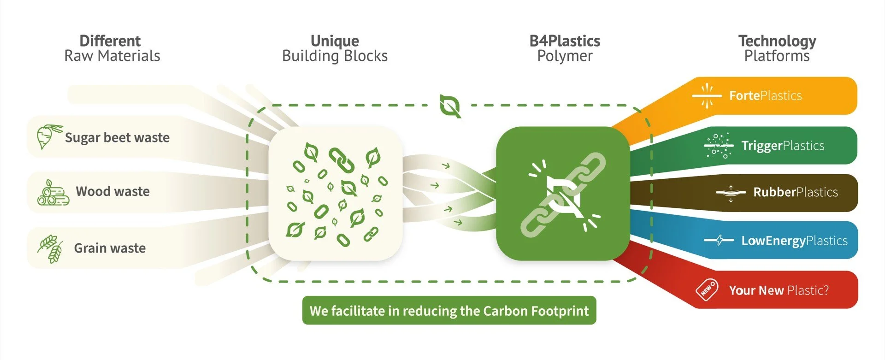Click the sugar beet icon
pyautogui.click(x=47, y=136)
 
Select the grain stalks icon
pyautogui.click(x=51, y=248)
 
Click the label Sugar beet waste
pyautogui.click(x=117, y=137)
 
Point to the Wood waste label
pyautogui.click(x=112, y=191)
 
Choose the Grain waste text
pyautogui.click(x=110, y=248)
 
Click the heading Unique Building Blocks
pyautogui.click(x=335, y=48)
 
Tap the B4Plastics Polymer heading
pyautogui.click(x=565, y=48)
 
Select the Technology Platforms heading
pyautogui.click(x=777, y=48)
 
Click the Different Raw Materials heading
pyautogui.click(x=112, y=48)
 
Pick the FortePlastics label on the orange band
pyautogui.click(x=765, y=95)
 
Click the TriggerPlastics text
pyautogui.click(x=783, y=146)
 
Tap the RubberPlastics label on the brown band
pyautogui.click(x=796, y=192)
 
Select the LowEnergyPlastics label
pyautogui.click(x=794, y=241)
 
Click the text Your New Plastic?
pyautogui.click(x=779, y=290)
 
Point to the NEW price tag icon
pyautogui.click(x=707, y=290)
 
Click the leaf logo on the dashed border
pyautogui.click(x=450, y=106)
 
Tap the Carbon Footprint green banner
pyautogui.click(x=449, y=311)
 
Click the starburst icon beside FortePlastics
pyautogui.click(x=707, y=95)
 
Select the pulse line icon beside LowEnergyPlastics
pyautogui.click(x=719, y=240)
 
